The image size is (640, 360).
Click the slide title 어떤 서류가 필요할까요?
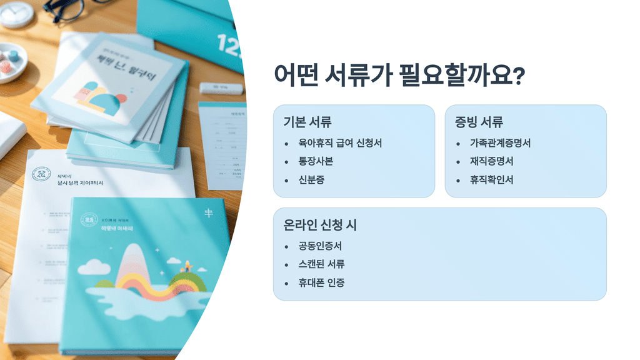(399, 76)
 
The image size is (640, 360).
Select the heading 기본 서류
(307, 122)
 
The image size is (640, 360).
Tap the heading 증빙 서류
(479, 122)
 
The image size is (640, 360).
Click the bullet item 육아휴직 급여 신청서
(340, 143)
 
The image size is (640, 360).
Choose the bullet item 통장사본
(316, 161)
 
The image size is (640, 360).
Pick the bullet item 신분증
(311, 180)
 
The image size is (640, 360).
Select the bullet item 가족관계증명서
(500, 143)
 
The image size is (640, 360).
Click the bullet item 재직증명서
(492, 161)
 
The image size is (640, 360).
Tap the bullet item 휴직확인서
(492, 180)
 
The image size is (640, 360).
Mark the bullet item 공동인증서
(320, 246)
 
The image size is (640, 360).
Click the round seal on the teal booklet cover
(89, 219)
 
